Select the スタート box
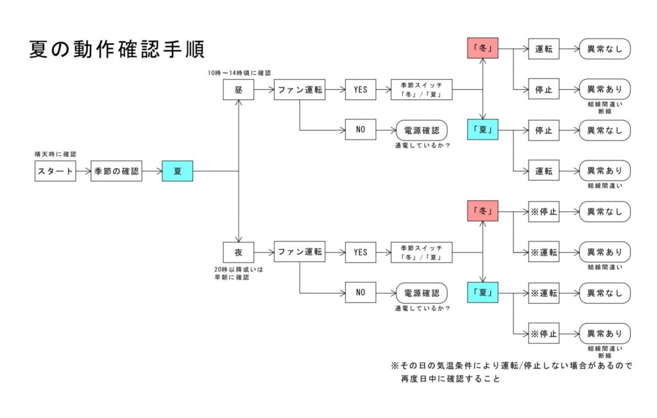(x=55, y=171)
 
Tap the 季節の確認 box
(x=116, y=171)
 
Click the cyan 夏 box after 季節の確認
(x=177, y=171)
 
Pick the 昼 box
(x=239, y=90)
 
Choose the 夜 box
(x=239, y=252)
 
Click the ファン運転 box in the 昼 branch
(x=300, y=90)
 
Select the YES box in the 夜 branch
(x=361, y=252)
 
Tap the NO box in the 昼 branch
(x=361, y=130)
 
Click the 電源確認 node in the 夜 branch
(x=422, y=293)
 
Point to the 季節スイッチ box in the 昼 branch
(x=422, y=90)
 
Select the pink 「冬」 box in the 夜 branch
(x=482, y=211)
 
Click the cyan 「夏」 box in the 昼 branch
(x=482, y=130)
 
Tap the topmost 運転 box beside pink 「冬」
(x=543, y=49)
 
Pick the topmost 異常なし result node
(x=604, y=49)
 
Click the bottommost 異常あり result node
(x=604, y=334)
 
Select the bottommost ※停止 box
(x=543, y=334)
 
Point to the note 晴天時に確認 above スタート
(x=55, y=154)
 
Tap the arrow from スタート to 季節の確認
(x=83, y=171)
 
